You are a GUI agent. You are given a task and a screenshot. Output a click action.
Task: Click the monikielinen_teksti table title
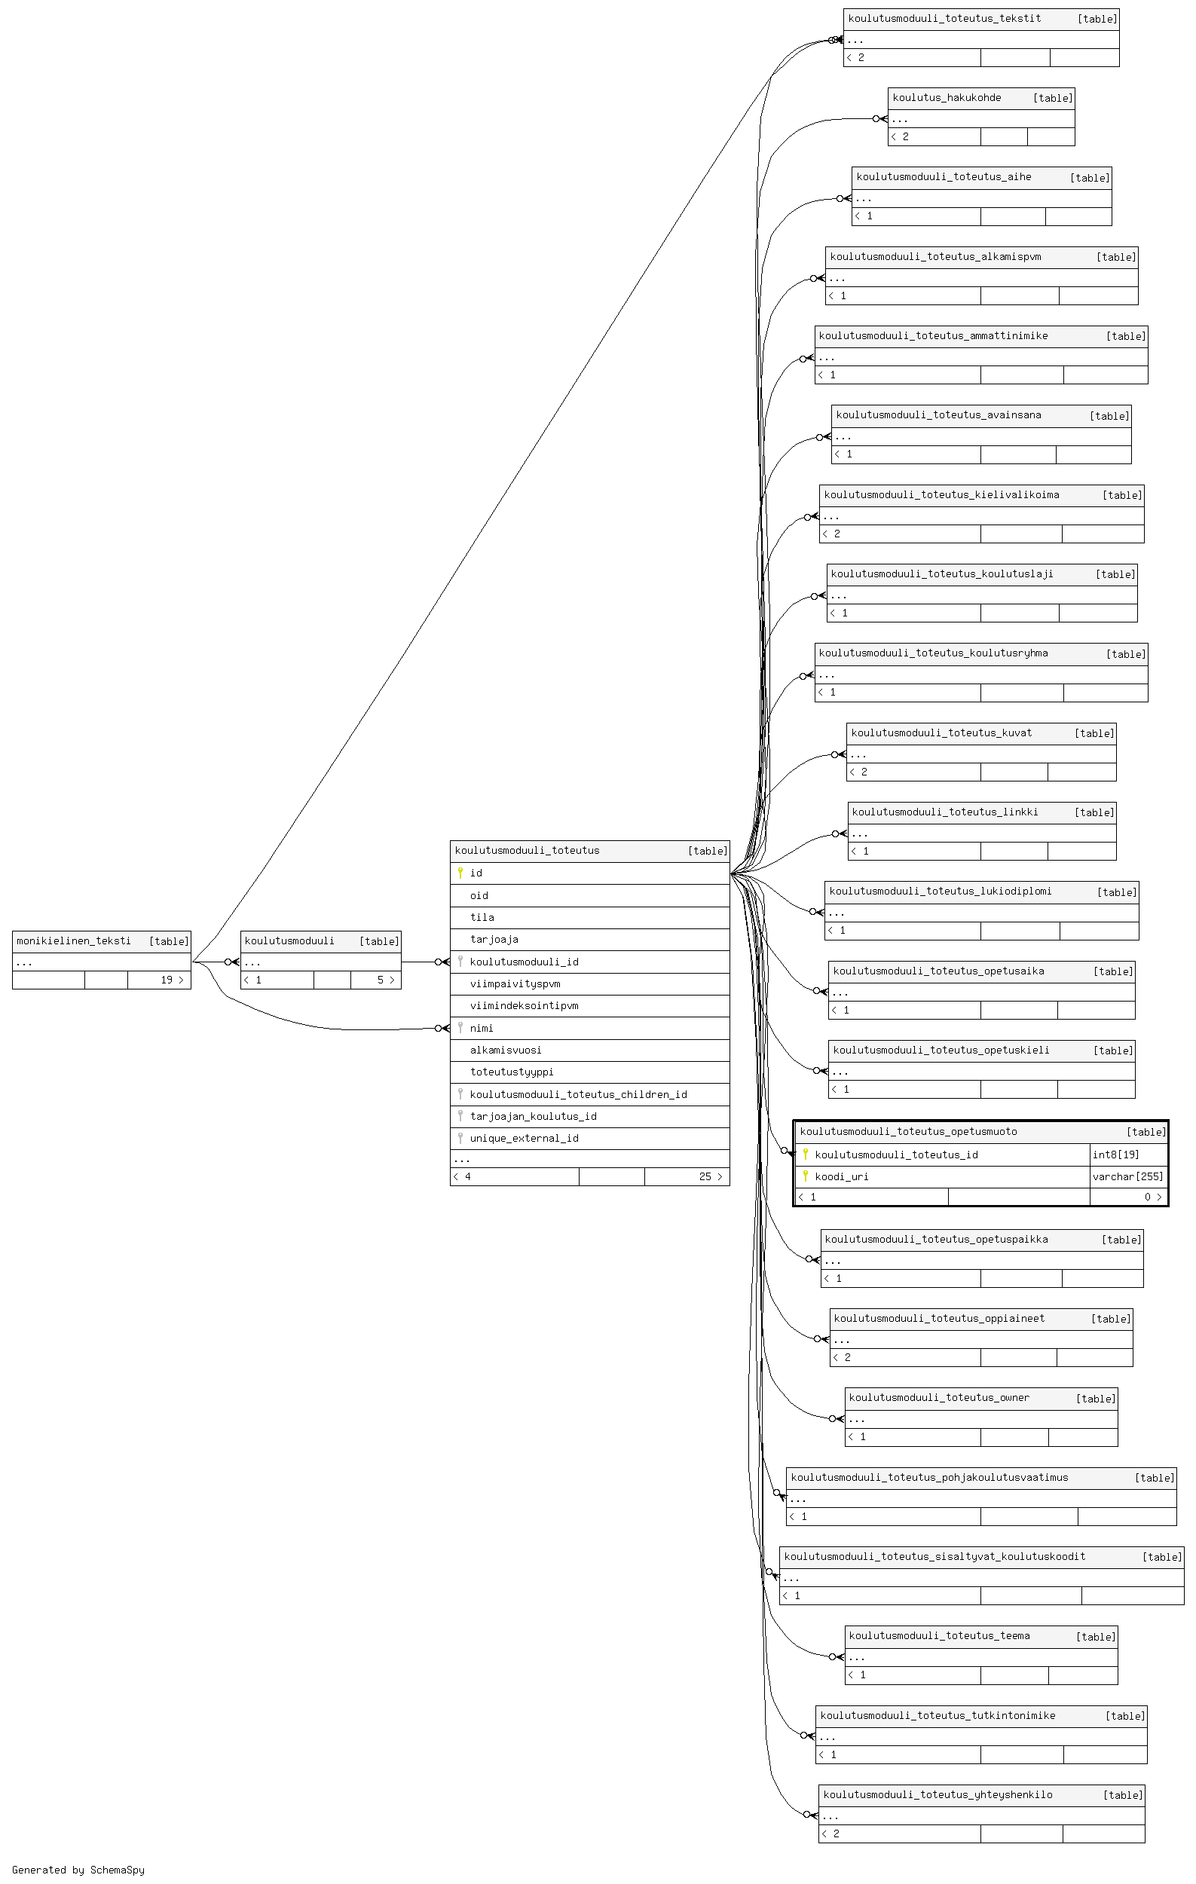pos(74,940)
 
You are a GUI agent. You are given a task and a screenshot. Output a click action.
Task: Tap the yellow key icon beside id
pos(460,873)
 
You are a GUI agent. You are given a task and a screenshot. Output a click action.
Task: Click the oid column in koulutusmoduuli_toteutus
pos(479,895)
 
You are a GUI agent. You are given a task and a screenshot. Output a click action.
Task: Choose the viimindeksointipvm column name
pos(524,1005)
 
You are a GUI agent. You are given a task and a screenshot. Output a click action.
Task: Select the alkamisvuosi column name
pos(506,1050)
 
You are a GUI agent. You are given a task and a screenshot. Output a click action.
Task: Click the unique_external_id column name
pos(524,1138)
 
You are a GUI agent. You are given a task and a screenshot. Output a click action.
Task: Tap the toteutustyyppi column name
pos(512,1072)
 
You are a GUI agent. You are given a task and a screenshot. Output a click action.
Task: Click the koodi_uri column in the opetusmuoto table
pos(842,1176)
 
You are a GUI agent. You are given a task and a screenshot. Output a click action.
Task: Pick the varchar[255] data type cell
pos(1128,1176)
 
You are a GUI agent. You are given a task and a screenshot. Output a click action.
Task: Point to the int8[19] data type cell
pos(1115,1154)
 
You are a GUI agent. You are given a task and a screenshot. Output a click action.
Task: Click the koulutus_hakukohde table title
pos(947,98)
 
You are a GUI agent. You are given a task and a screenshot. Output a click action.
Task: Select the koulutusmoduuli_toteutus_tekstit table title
pos(944,18)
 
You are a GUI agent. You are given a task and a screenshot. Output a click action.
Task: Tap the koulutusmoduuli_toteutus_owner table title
pos(939,1397)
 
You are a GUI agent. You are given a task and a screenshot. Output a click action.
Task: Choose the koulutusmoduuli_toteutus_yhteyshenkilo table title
pos(938,1794)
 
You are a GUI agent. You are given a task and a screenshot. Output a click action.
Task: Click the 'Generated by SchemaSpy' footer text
pos(78,1869)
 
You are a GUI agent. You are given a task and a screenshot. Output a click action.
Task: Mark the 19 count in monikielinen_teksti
pos(167,980)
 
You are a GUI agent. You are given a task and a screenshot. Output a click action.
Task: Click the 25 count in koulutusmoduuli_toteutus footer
pos(705,1176)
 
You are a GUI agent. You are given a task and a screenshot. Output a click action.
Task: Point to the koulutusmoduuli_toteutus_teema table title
pos(939,1635)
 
